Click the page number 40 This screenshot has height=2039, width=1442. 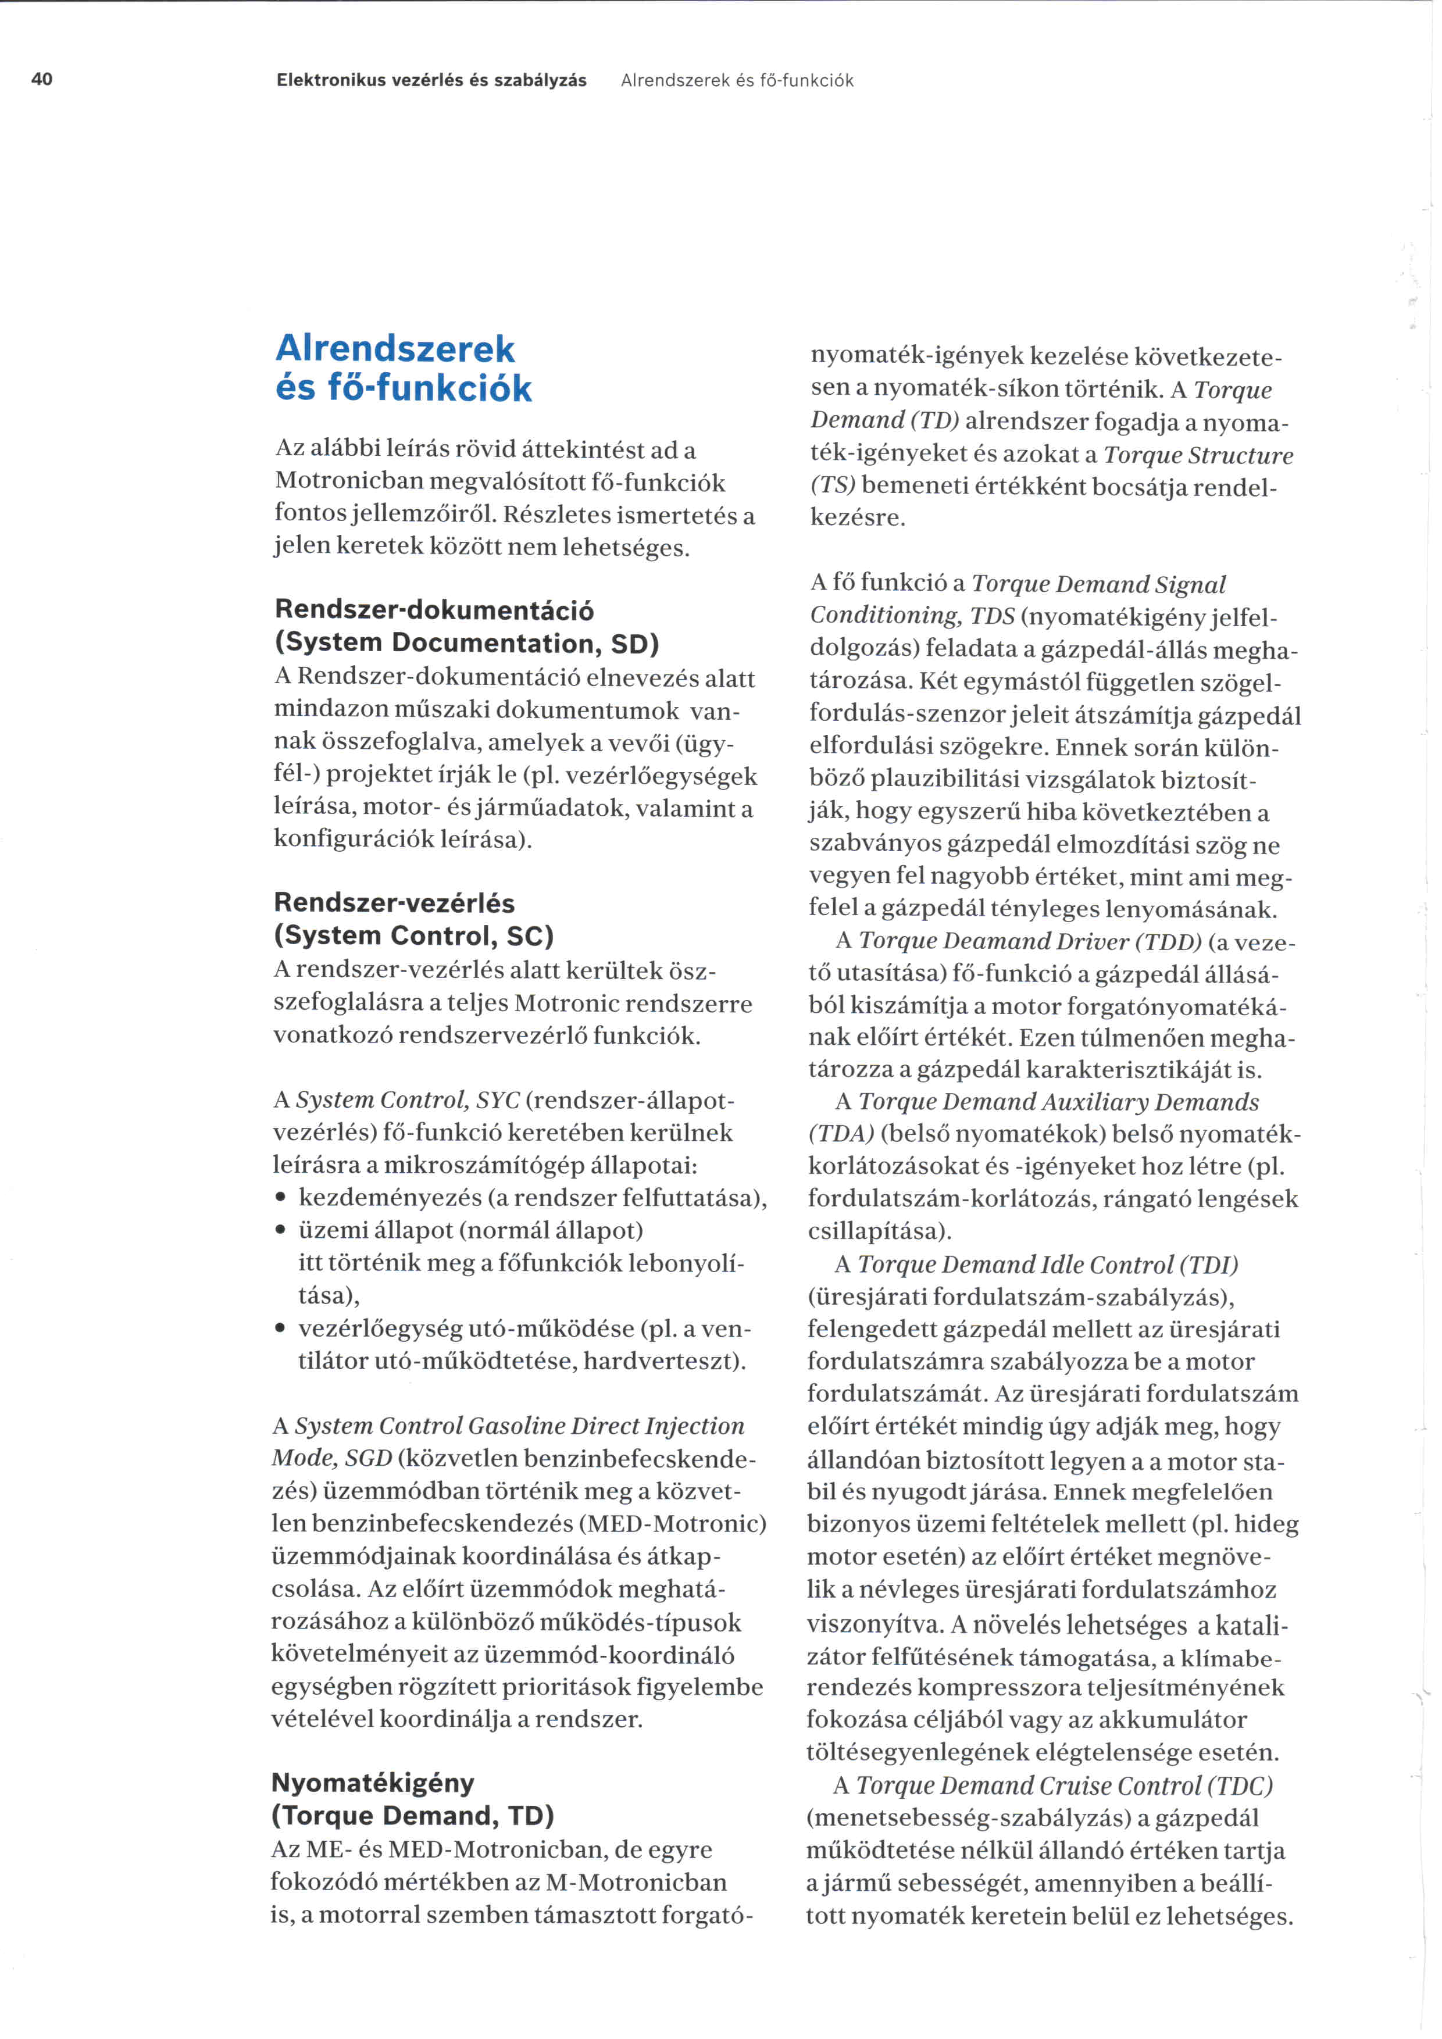pos(42,80)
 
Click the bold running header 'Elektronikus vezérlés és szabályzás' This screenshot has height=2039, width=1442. pos(431,81)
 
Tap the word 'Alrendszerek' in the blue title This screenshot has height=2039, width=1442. pos(395,349)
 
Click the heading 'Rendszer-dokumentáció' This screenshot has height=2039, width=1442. pos(434,610)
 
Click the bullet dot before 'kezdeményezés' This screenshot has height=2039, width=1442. pos(281,1199)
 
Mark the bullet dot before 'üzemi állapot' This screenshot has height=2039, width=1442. pos(281,1232)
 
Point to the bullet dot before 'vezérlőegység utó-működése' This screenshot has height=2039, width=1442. pos(281,1330)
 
